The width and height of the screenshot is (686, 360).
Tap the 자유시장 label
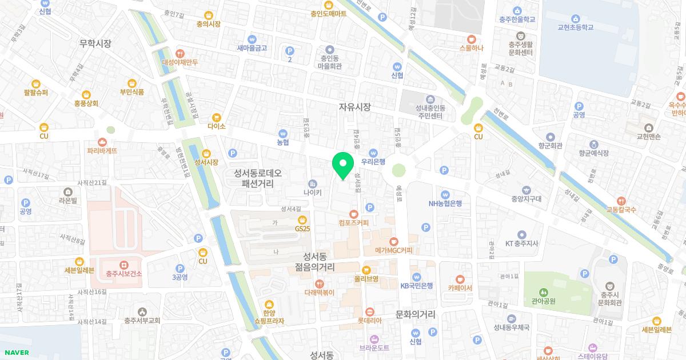pyautogui.click(x=354, y=107)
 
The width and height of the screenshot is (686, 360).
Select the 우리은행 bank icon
pyautogui.click(x=373, y=153)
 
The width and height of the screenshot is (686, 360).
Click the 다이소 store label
pyautogui.click(x=217, y=126)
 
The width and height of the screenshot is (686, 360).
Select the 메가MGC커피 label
pyautogui.click(x=393, y=250)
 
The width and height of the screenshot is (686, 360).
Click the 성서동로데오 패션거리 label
pyautogui.click(x=258, y=178)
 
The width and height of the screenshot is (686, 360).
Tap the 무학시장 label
pyautogui.click(x=95, y=43)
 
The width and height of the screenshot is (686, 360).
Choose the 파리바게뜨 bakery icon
pyautogui.click(x=102, y=142)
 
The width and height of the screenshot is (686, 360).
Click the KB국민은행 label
pyautogui.click(x=416, y=286)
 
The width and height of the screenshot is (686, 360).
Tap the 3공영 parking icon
pyautogui.click(x=180, y=268)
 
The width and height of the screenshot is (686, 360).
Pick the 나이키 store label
pyautogui.click(x=312, y=193)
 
